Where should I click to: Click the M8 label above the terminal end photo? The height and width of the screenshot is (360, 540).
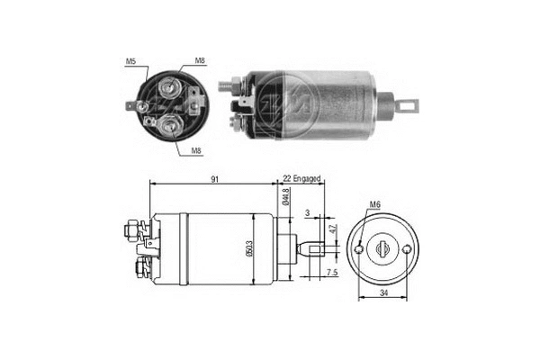tap(199, 62)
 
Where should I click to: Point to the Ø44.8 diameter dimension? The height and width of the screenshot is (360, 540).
tap(284, 195)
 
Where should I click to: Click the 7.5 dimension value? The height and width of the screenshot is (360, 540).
tap(332, 272)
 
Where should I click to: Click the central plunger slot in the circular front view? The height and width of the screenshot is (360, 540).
tap(386, 247)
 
